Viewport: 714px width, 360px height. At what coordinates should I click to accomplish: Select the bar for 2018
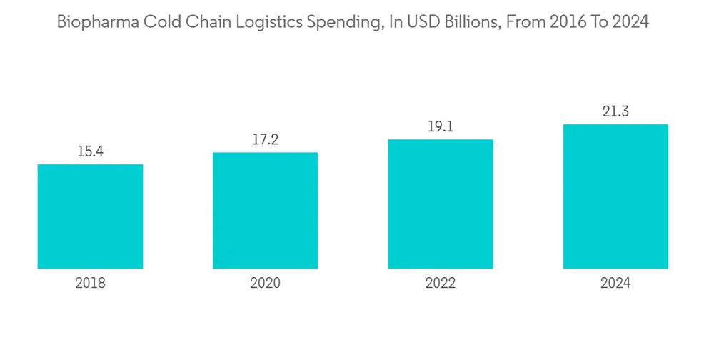[x=90, y=216]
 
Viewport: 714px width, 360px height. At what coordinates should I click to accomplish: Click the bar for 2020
[x=265, y=210]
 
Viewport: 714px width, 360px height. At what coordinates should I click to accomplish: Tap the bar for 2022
[x=441, y=204]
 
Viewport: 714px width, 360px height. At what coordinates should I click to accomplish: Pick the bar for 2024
[x=615, y=196]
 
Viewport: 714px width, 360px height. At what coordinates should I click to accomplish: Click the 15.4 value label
[x=90, y=151]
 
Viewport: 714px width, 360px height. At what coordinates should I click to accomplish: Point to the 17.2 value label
[x=265, y=139]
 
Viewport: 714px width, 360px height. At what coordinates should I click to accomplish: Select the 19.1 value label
[x=441, y=126]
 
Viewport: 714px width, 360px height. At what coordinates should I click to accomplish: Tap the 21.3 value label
[x=615, y=111]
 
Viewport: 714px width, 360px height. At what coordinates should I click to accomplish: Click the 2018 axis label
[x=90, y=283]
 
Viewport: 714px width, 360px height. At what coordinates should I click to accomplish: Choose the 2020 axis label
[x=265, y=283]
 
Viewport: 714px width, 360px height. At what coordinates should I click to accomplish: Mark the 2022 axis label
[x=441, y=283]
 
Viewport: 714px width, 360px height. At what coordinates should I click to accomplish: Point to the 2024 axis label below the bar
[x=615, y=283]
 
